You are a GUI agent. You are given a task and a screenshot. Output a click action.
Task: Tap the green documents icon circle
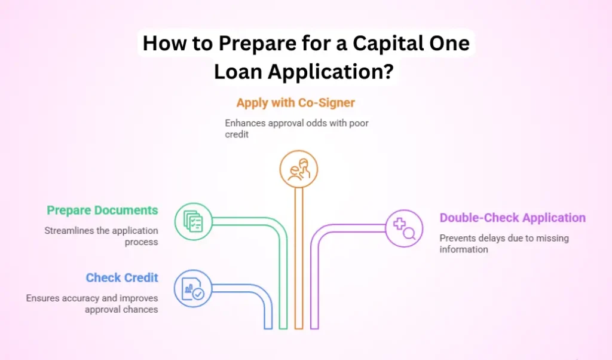pos(193,222)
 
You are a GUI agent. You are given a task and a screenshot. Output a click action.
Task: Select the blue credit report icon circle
pos(193,289)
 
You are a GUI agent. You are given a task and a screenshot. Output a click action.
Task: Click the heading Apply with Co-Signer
pos(295,103)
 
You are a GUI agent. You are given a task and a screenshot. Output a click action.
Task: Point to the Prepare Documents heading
pos(102,210)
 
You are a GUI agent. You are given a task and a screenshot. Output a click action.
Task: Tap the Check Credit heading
pos(122,277)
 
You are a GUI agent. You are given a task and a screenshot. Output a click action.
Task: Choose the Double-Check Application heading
pos(513,218)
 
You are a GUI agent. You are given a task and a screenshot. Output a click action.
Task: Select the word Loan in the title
pos(238,72)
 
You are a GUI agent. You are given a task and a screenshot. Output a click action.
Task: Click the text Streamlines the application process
pos(101,236)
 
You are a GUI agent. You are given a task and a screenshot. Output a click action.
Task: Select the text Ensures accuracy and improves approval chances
pos(92,303)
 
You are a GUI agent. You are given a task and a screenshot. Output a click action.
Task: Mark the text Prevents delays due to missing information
pos(504,243)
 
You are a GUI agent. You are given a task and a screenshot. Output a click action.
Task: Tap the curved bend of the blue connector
pos(264,295)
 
